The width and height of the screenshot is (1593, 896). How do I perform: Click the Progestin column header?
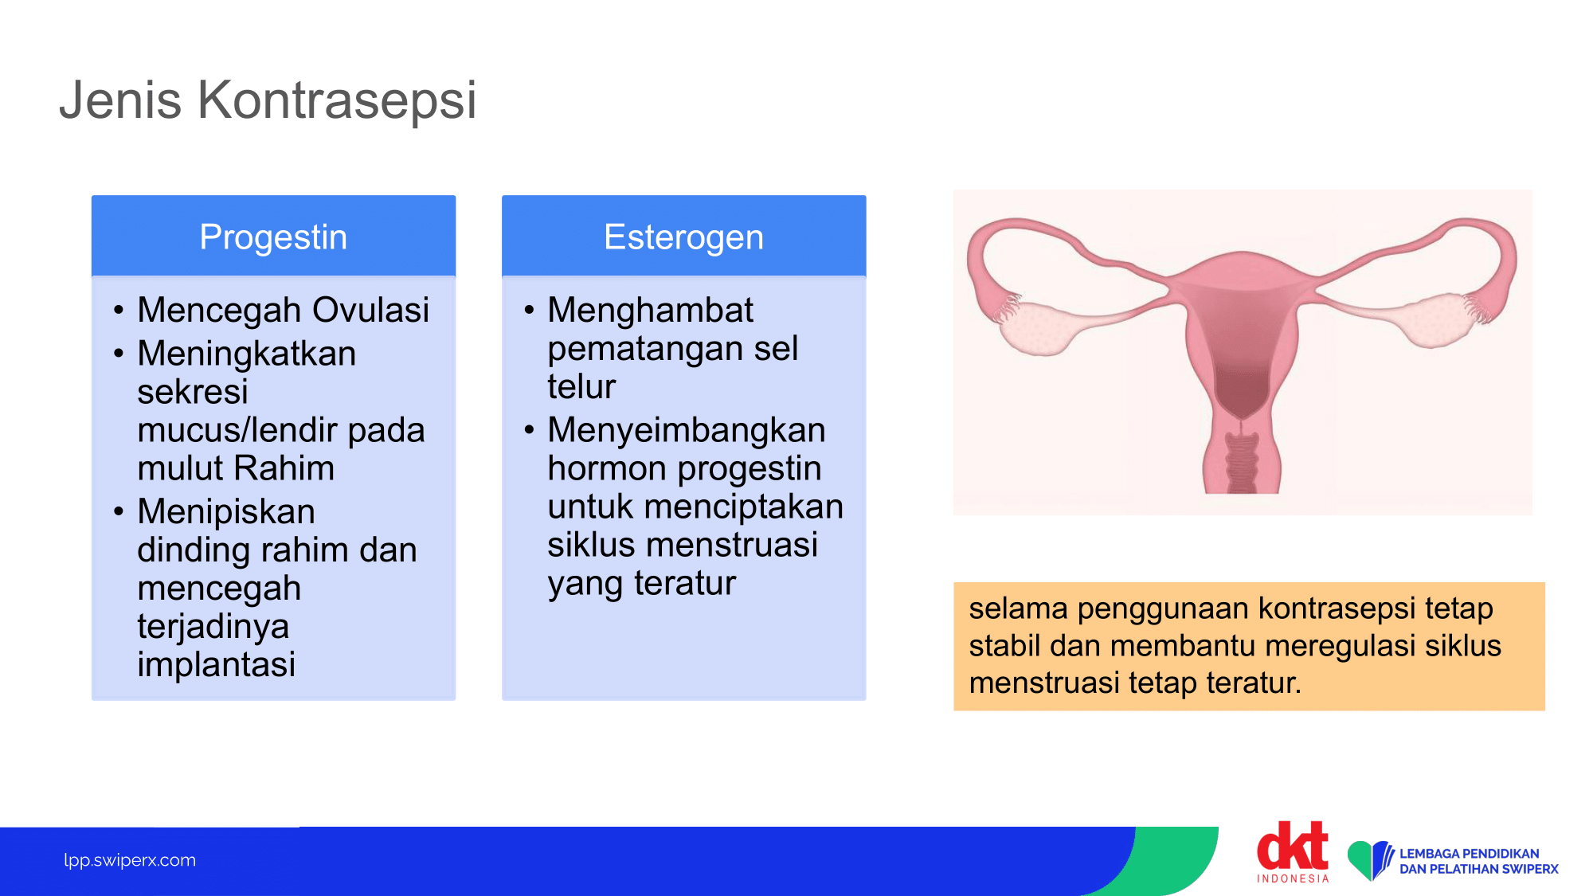click(273, 237)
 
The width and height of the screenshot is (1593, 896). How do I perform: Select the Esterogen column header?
click(683, 237)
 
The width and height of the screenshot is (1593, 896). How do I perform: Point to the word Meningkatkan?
click(246, 354)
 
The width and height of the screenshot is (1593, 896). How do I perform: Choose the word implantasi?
click(216, 664)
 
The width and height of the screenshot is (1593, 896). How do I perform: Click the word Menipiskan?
click(226, 511)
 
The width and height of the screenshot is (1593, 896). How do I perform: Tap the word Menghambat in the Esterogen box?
click(650, 310)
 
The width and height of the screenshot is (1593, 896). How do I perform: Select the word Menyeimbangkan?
click(687, 430)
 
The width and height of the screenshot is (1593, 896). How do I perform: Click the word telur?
click(581, 386)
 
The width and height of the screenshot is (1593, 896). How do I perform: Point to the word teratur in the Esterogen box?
click(685, 583)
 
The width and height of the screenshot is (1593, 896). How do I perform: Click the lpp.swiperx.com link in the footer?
click(130, 860)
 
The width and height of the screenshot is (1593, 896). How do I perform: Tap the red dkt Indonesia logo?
click(1293, 851)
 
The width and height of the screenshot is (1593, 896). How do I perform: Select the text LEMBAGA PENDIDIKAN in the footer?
click(1470, 853)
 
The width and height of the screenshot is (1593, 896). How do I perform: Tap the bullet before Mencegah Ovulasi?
click(119, 310)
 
